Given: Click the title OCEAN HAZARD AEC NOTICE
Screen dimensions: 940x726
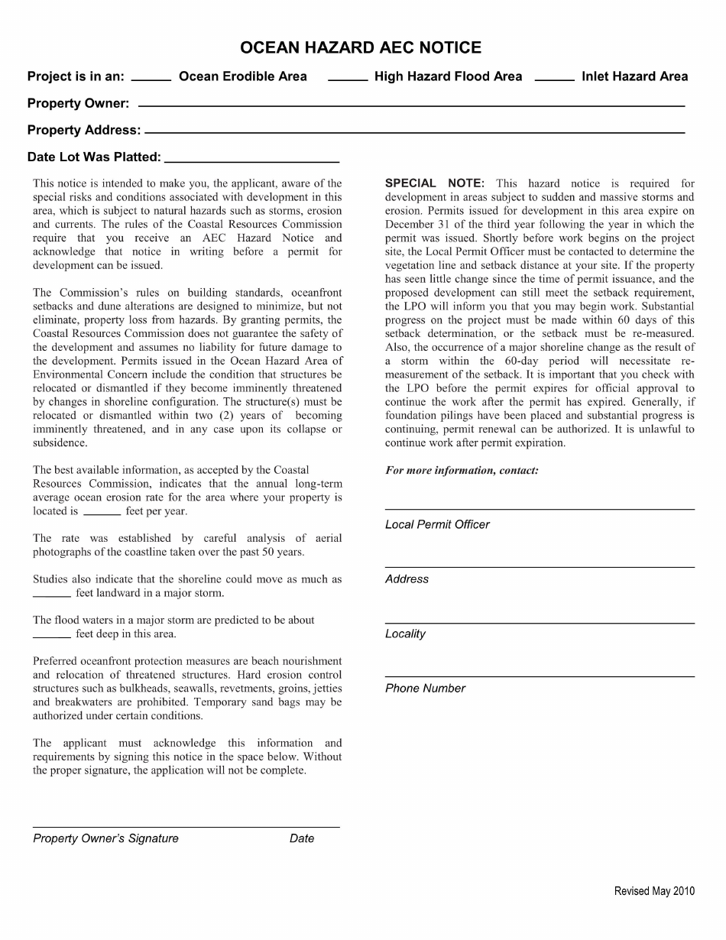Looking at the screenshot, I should (x=361, y=48).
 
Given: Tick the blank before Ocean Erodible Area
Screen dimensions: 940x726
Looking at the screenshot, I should (x=151, y=78).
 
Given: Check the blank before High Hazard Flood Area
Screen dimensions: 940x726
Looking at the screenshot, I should (x=347, y=78).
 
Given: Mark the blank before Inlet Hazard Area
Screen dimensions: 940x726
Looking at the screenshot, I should (x=554, y=78).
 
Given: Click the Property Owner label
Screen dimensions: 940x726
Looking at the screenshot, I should (x=78, y=103).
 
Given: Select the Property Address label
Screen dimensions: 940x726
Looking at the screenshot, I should (x=84, y=130).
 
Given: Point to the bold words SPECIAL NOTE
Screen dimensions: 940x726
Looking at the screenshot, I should (x=434, y=183).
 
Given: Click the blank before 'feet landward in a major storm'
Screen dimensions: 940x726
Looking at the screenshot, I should (x=52, y=595).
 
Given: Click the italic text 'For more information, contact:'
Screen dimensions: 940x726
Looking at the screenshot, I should (x=462, y=471).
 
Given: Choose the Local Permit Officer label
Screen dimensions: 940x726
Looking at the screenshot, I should (x=437, y=525).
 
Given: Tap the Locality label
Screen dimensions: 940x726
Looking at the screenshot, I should (x=405, y=634).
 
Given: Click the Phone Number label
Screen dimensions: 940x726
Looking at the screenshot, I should (x=425, y=689).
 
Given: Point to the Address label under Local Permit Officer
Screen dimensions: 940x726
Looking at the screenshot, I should (x=407, y=579).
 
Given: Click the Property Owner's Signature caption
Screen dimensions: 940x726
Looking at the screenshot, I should (x=105, y=838).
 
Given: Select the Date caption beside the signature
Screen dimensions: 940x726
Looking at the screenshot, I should (x=302, y=838).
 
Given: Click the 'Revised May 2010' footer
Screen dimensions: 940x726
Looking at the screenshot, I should (x=654, y=891).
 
